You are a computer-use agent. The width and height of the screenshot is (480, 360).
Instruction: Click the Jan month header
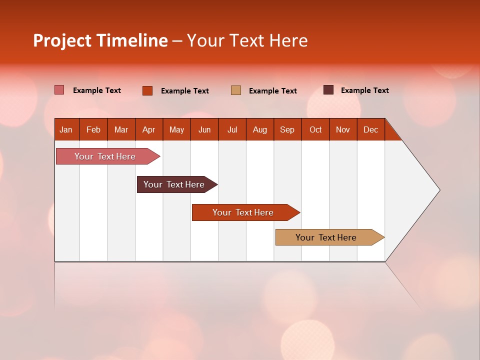click(x=66, y=129)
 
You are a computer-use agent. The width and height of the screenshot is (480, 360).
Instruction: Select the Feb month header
click(x=93, y=129)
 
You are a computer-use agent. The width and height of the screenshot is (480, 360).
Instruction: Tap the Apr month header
click(x=149, y=129)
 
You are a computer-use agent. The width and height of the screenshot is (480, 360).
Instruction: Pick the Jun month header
click(x=204, y=129)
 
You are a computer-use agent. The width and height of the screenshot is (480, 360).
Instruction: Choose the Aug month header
click(x=260, y=129)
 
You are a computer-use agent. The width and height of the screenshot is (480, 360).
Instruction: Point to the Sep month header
click(x=287, y=129)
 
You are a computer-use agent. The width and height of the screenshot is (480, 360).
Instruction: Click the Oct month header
click(x=315, y=129)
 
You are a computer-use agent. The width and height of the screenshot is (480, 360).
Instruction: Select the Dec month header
click(x=371, y=129)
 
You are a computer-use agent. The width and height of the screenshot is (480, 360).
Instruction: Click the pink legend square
click(x=59, y=90)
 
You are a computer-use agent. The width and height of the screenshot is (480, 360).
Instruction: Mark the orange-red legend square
click(x=147, y=90)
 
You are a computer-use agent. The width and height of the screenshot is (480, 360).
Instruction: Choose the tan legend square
click(x=236, y=90)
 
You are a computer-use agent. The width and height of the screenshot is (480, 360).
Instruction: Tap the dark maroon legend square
click(x=328, y=90)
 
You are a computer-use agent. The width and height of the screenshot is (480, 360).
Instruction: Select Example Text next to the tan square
click(x=273, y=91)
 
